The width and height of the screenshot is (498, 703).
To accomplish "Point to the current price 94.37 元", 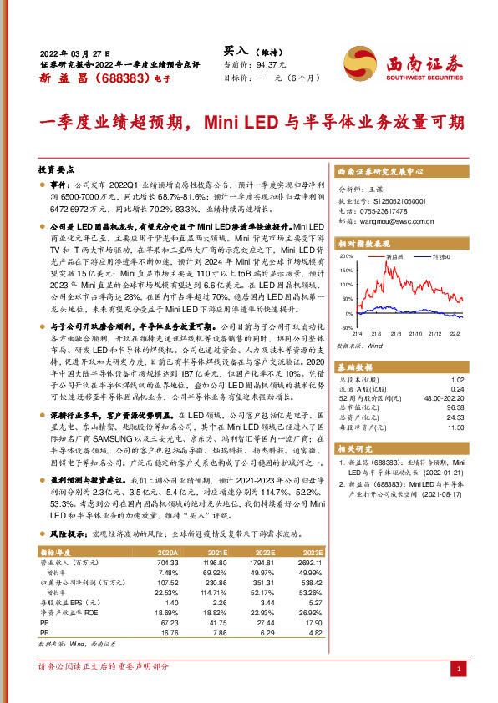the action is (271, 63).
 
